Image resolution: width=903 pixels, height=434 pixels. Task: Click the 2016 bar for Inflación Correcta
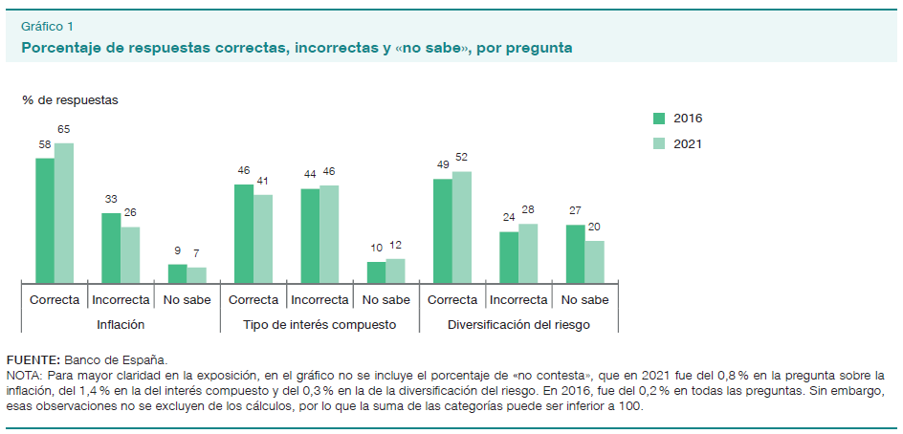[45, 220]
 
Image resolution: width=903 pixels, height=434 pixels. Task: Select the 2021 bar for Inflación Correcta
[64, 212]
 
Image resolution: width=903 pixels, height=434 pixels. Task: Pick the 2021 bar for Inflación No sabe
[196, 274]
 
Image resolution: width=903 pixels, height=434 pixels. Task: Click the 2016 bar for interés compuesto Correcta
[244, 233]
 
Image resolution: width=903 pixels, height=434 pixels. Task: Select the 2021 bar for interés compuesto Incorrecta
[329, 233]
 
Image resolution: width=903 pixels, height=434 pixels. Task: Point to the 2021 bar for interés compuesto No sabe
[395, 270]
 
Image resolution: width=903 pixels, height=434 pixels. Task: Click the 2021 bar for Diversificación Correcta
[462, 227]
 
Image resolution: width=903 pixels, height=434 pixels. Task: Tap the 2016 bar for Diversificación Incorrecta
[509, 256]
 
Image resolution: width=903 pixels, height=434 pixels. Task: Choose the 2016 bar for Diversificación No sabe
[575, 253]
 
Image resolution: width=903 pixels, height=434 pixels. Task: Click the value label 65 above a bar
[64, 129]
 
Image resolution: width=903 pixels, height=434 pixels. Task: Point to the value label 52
[462, 158]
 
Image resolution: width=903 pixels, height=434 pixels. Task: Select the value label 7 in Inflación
[196, 252]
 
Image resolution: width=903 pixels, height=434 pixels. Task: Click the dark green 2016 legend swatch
[659, 119]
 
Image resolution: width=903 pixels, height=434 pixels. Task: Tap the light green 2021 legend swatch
[659, 143]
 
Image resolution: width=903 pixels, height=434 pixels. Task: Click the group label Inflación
[121, 325]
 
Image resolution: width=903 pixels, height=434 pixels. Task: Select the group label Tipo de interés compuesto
[319, 325]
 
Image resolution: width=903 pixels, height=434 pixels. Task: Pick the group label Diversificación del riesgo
[518, 325]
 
